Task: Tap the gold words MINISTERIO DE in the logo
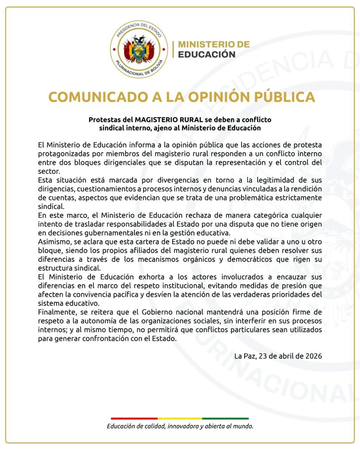[x=214, y=44]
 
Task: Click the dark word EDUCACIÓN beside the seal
[x=207, y=54]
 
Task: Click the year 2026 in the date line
[x=314, y=356]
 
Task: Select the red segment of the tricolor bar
[x=134, y=418]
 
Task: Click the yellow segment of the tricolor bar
[x=180, y=418]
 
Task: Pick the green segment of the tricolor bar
[x=225, y=418]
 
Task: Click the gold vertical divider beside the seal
[x=173, y=49]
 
